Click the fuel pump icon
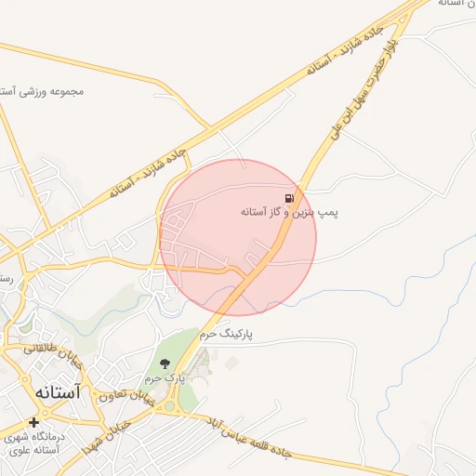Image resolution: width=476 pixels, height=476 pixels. (x=291, y=198)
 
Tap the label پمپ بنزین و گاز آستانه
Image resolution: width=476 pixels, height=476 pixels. (x=290, y=213)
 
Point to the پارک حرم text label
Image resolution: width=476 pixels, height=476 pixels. (x=165, y=379)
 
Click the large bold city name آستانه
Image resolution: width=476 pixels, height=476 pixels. (x=57, y=392)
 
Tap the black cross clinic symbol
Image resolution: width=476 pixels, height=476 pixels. (x=34, y=422)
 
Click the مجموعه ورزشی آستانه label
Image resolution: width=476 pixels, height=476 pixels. (x=42, y=91)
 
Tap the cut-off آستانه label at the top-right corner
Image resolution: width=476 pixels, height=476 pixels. (x=458, y=4)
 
